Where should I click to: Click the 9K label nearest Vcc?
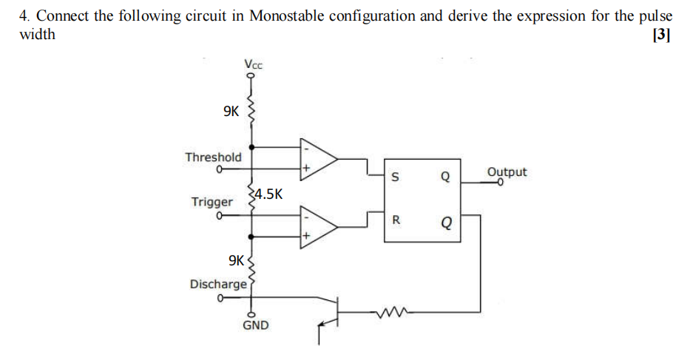tap(231, 112)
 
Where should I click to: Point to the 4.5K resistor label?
tap(267, 194)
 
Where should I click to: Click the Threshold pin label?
tap(213, 157)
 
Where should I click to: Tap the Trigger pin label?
tap(212, 202)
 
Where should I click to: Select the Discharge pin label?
tap(218, 284)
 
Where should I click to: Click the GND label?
tap(256, 325)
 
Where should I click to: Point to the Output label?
tap(507, 172)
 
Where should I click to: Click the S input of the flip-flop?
tap(395, 177)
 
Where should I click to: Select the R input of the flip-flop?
tap(396, 220)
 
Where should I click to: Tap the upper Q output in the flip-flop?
tap(444, 177)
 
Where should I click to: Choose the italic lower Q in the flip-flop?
tap(445, 221)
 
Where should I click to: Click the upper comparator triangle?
tap(317, 158)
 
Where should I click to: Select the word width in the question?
tap(37, 35)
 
